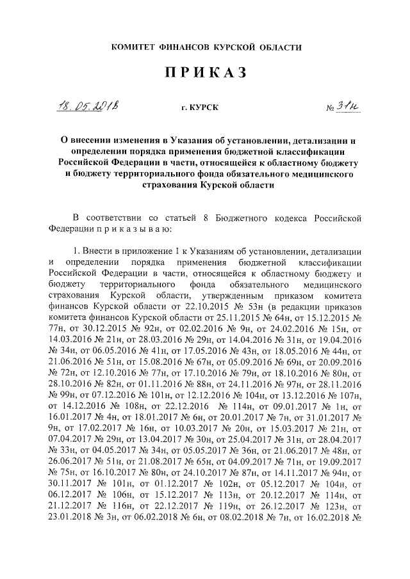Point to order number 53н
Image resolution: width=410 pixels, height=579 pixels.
(x=233, y=307)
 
